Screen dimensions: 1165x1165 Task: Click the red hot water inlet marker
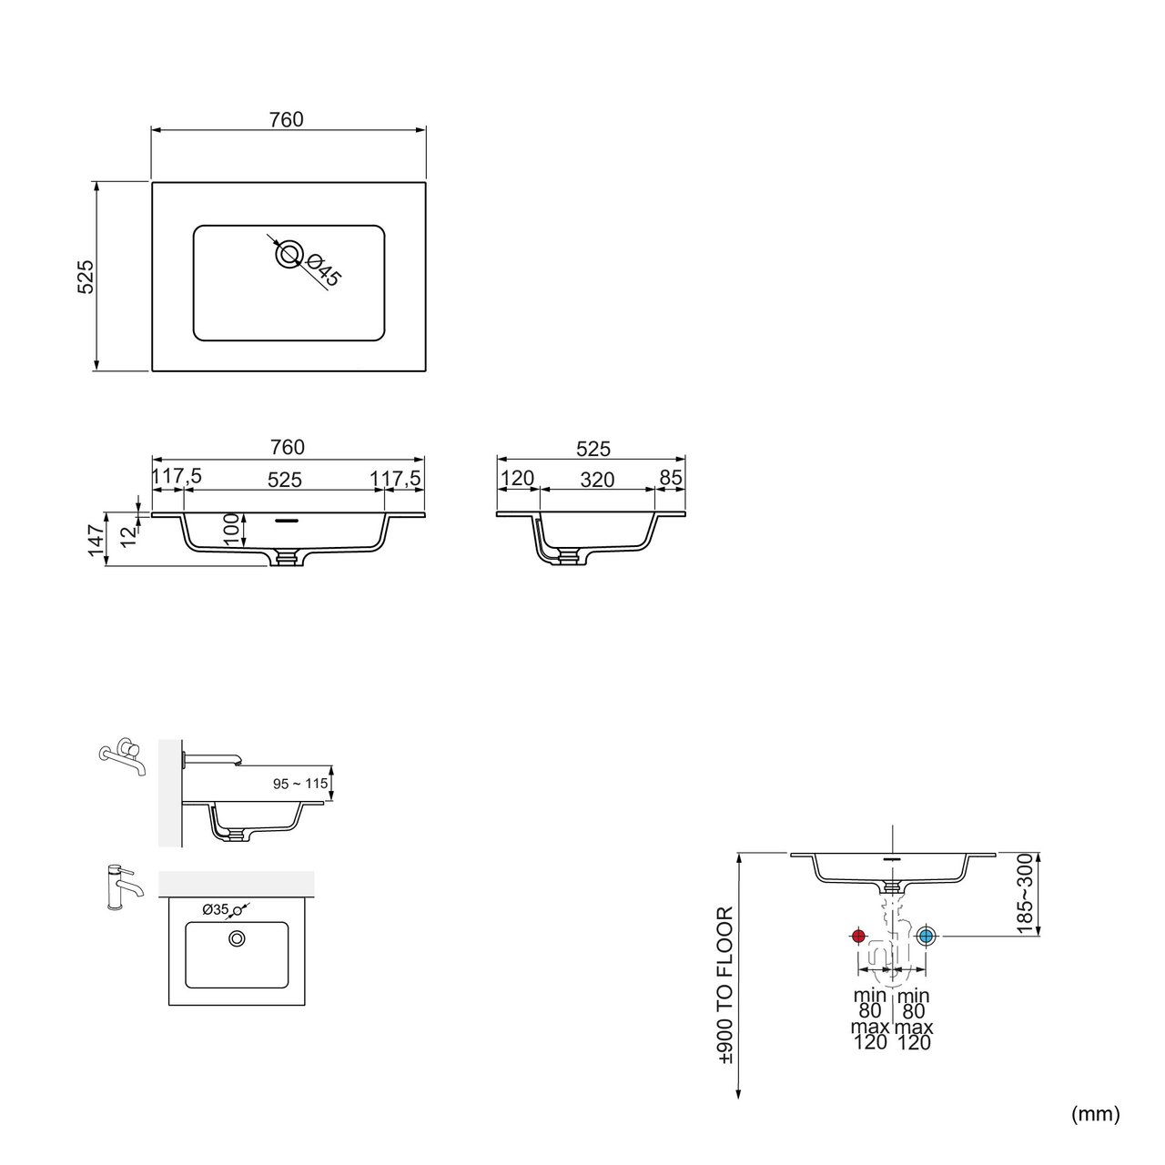coord(858,936)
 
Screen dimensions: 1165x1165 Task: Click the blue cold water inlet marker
coord(925,936)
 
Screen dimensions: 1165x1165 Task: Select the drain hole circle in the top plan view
coord(289,254)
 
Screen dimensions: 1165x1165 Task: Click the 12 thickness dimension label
coord(128,536)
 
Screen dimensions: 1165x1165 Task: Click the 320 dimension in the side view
coord(597,480)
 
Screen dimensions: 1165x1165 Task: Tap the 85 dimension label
coord(671,478)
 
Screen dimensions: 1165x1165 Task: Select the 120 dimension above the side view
coord(518,478)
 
